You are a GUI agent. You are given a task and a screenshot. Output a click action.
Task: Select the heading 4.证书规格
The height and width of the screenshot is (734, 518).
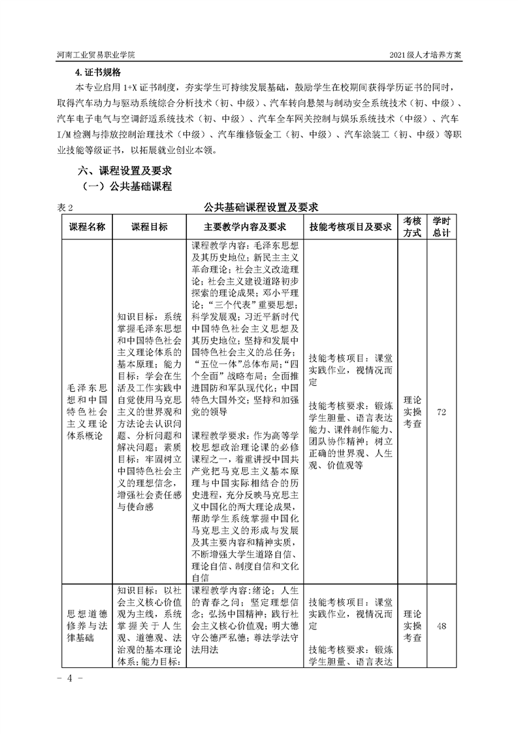[x=98, y=72]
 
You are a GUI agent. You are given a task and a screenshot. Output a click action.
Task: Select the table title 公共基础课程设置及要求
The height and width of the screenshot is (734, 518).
[x=261, y=207]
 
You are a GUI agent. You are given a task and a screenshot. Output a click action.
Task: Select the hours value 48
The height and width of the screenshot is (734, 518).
[x=442, y=626]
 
